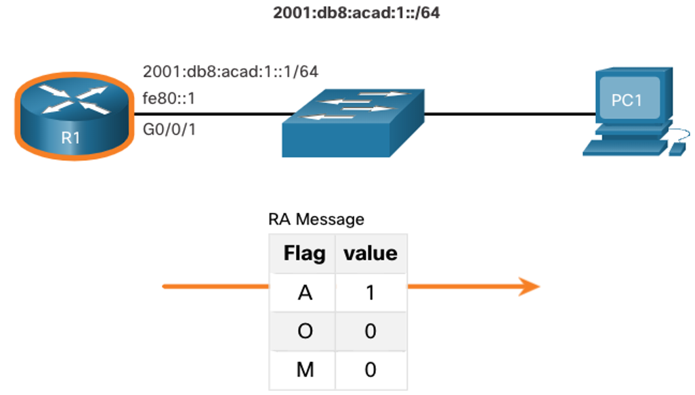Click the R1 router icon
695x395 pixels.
[74, 116]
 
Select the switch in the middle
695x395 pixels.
[354, 123]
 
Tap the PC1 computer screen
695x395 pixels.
[629, 97]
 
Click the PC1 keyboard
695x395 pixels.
[625, 148]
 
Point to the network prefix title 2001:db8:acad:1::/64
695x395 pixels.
[356, 13]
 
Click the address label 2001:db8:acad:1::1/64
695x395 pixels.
[230, 72]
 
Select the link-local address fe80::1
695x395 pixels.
[169, 98]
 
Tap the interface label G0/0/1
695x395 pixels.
[169, 129]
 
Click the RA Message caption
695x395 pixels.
[316, 219]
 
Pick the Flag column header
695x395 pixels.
[305, 254]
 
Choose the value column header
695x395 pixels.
[371, 254]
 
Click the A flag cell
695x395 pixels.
[305, 292]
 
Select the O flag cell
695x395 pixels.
[305, 331]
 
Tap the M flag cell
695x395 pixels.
[305, 370]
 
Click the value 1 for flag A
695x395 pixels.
[371, 292]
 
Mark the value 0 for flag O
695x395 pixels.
[371, 331]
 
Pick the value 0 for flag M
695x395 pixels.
[371, 370]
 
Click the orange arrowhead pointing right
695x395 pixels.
[529, 287]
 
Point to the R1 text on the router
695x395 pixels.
[70, 138]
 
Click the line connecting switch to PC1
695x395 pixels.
[509, 114]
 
